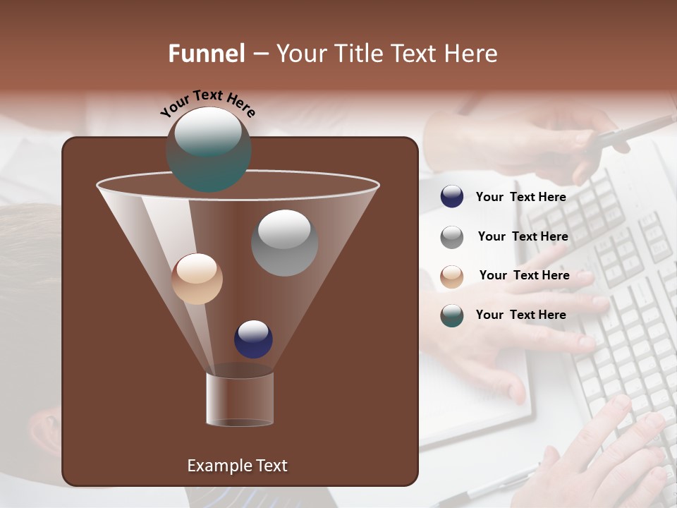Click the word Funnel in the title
tap(207, 54)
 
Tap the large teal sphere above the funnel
tap(209, 149)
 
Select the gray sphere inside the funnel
tap(284, 243)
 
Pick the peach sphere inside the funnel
tap(197, 279)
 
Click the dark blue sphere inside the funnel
tap(253, 339)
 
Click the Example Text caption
tap(237, 466)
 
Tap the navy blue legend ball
tap(452, 197)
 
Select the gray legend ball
tap(452, 237)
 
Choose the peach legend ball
tap(452, 276)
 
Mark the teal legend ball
tap(452, 315)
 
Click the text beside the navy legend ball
tap(520, 197)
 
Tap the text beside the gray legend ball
tap(523, 236)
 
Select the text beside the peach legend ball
tap(524, 275)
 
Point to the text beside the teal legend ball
tap(520, 315)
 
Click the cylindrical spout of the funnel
tap(240, 399)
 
